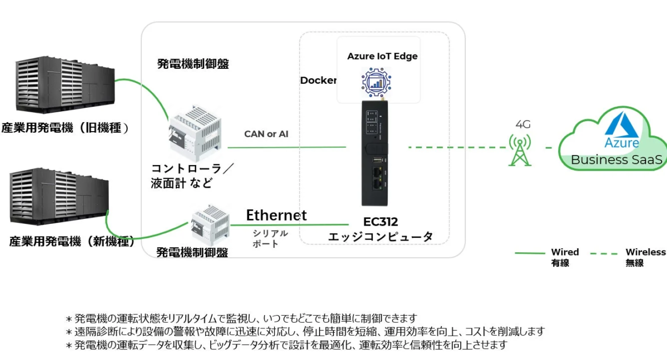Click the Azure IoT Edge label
[382, 56]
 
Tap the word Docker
[318, 81]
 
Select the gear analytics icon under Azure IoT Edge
[377, 82]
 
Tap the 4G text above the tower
[522, 124]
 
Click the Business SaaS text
[617, 160]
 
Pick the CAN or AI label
[266, 134]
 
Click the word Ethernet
[276, 215]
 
